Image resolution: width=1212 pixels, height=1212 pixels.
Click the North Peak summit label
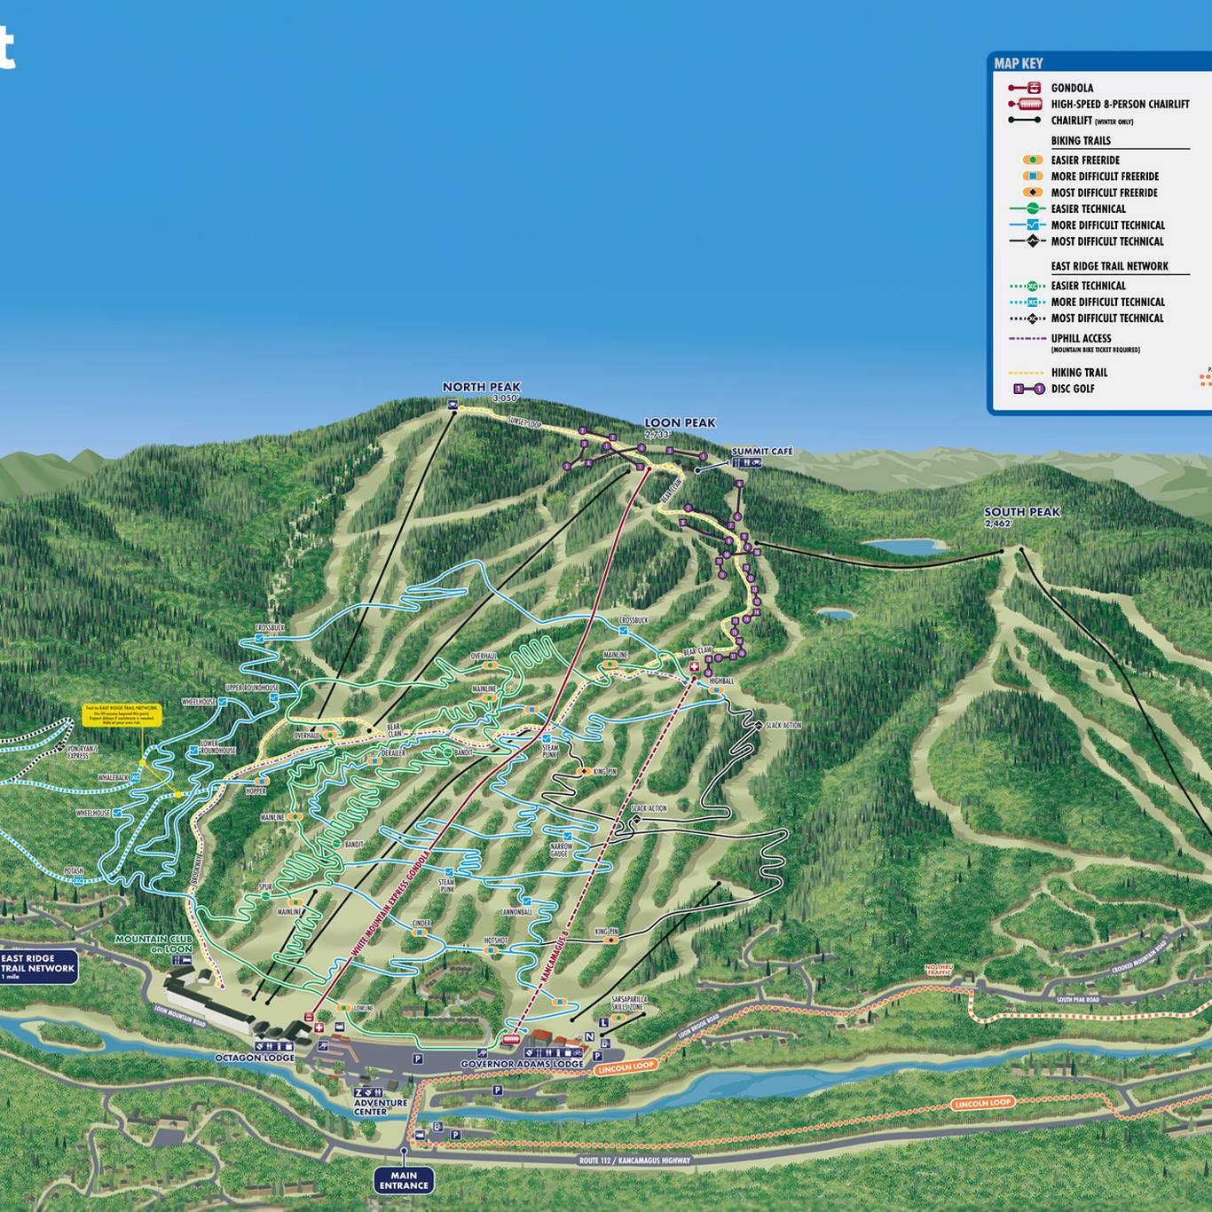point(482,388)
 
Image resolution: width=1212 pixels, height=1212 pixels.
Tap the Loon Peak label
point(680,423)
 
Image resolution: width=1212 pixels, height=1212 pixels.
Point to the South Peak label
point(1021,513)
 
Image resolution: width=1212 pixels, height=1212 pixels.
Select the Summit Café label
point(761,452)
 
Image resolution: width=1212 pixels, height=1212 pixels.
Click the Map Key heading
point(1019,63)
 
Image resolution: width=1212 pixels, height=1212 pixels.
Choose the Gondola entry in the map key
point(1072,88)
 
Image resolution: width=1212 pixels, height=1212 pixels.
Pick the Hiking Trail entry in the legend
point(1079,373)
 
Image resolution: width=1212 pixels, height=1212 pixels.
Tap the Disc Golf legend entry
point(1072,389)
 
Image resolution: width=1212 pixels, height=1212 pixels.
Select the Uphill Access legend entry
point(1081,338)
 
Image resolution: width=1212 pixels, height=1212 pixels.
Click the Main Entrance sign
point(404,1180)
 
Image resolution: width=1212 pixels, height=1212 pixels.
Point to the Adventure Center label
point(381,1107)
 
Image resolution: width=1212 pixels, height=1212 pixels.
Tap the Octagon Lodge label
point(255,1059)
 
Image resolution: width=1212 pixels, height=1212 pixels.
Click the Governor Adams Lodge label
point(522,1064)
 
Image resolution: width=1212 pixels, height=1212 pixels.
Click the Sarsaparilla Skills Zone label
point(629,1003)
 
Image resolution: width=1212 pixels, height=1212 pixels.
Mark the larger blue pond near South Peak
point(904,547)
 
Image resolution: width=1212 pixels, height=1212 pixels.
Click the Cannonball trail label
point(515,912)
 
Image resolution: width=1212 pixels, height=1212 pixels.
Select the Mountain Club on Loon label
point(153,944)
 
